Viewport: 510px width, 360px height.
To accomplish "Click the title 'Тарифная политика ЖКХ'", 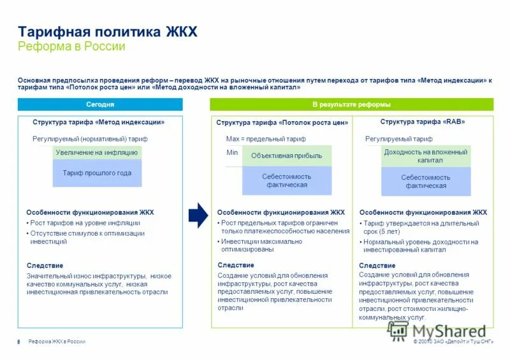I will (x=108, y=32).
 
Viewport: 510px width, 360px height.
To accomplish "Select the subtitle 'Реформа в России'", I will (x=71, y=47).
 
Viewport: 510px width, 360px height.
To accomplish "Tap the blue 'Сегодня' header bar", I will (x=100, y=104).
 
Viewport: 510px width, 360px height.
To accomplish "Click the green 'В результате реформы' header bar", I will (x=351, y=104).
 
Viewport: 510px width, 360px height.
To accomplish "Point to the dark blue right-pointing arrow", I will (x=198, y=215).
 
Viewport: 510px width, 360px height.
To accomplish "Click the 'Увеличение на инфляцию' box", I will (x=97, y=152).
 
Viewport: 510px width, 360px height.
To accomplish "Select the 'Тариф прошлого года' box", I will (x=97, y=173).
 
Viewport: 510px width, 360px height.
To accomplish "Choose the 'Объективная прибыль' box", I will (x=287, y=155).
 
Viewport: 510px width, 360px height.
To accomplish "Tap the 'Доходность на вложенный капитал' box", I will (x=425, y=156).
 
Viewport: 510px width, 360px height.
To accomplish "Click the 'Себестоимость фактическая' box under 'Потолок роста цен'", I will (x=287, y=180).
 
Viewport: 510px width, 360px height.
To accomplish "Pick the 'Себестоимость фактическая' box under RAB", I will (x=426, y=182).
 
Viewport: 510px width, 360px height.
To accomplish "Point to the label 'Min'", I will (x=232, y=153).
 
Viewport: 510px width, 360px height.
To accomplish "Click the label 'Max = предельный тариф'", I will (x=266, y=138).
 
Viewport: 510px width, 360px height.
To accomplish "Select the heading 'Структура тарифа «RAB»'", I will (x=423, y=122).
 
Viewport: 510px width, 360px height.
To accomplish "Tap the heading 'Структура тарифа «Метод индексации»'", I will (x=99, y=122).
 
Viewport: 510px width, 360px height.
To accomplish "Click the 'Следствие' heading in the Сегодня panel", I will (x=45, y=265).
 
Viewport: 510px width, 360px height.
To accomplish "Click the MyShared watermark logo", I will (x=437, y=331).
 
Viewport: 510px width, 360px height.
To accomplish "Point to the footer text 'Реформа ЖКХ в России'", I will (x=57, y=342).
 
